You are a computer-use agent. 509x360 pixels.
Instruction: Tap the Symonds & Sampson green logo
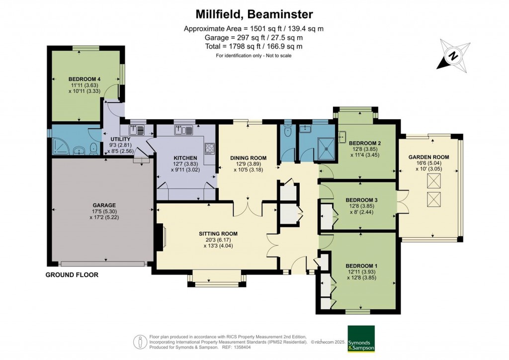coord(361,339)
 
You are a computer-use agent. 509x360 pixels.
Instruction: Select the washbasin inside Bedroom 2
coord(342,135)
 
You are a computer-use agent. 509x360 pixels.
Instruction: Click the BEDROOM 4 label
coord(85,79)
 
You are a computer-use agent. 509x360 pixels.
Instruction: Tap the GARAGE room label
coord(104,205)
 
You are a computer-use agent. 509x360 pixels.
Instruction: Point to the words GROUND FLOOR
coord(72,275)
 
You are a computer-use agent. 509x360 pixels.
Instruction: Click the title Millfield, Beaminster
coord(254,13)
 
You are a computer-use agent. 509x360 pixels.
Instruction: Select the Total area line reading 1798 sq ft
coord(254,46)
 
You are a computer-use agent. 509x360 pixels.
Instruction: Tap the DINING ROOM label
coord(248,158)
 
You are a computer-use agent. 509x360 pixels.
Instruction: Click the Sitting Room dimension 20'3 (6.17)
coord(218,240)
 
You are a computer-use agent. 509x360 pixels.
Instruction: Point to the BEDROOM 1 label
coord(362,266)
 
